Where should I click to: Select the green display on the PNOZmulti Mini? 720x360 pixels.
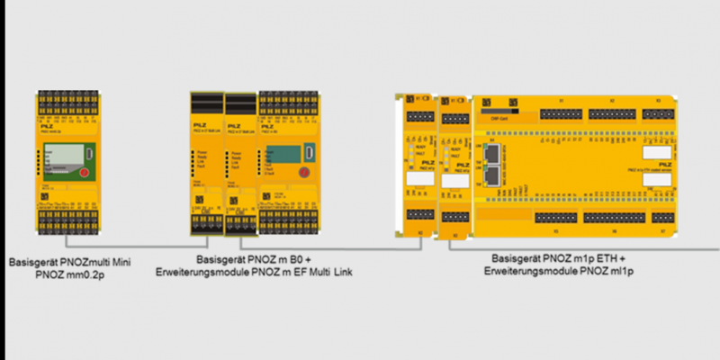64,157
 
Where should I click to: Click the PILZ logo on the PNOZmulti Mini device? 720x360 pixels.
47,129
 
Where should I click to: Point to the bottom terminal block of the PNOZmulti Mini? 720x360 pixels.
66,212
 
